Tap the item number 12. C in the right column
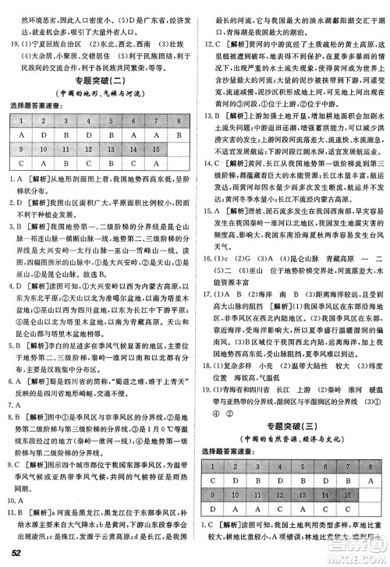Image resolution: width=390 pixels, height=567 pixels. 210,45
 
